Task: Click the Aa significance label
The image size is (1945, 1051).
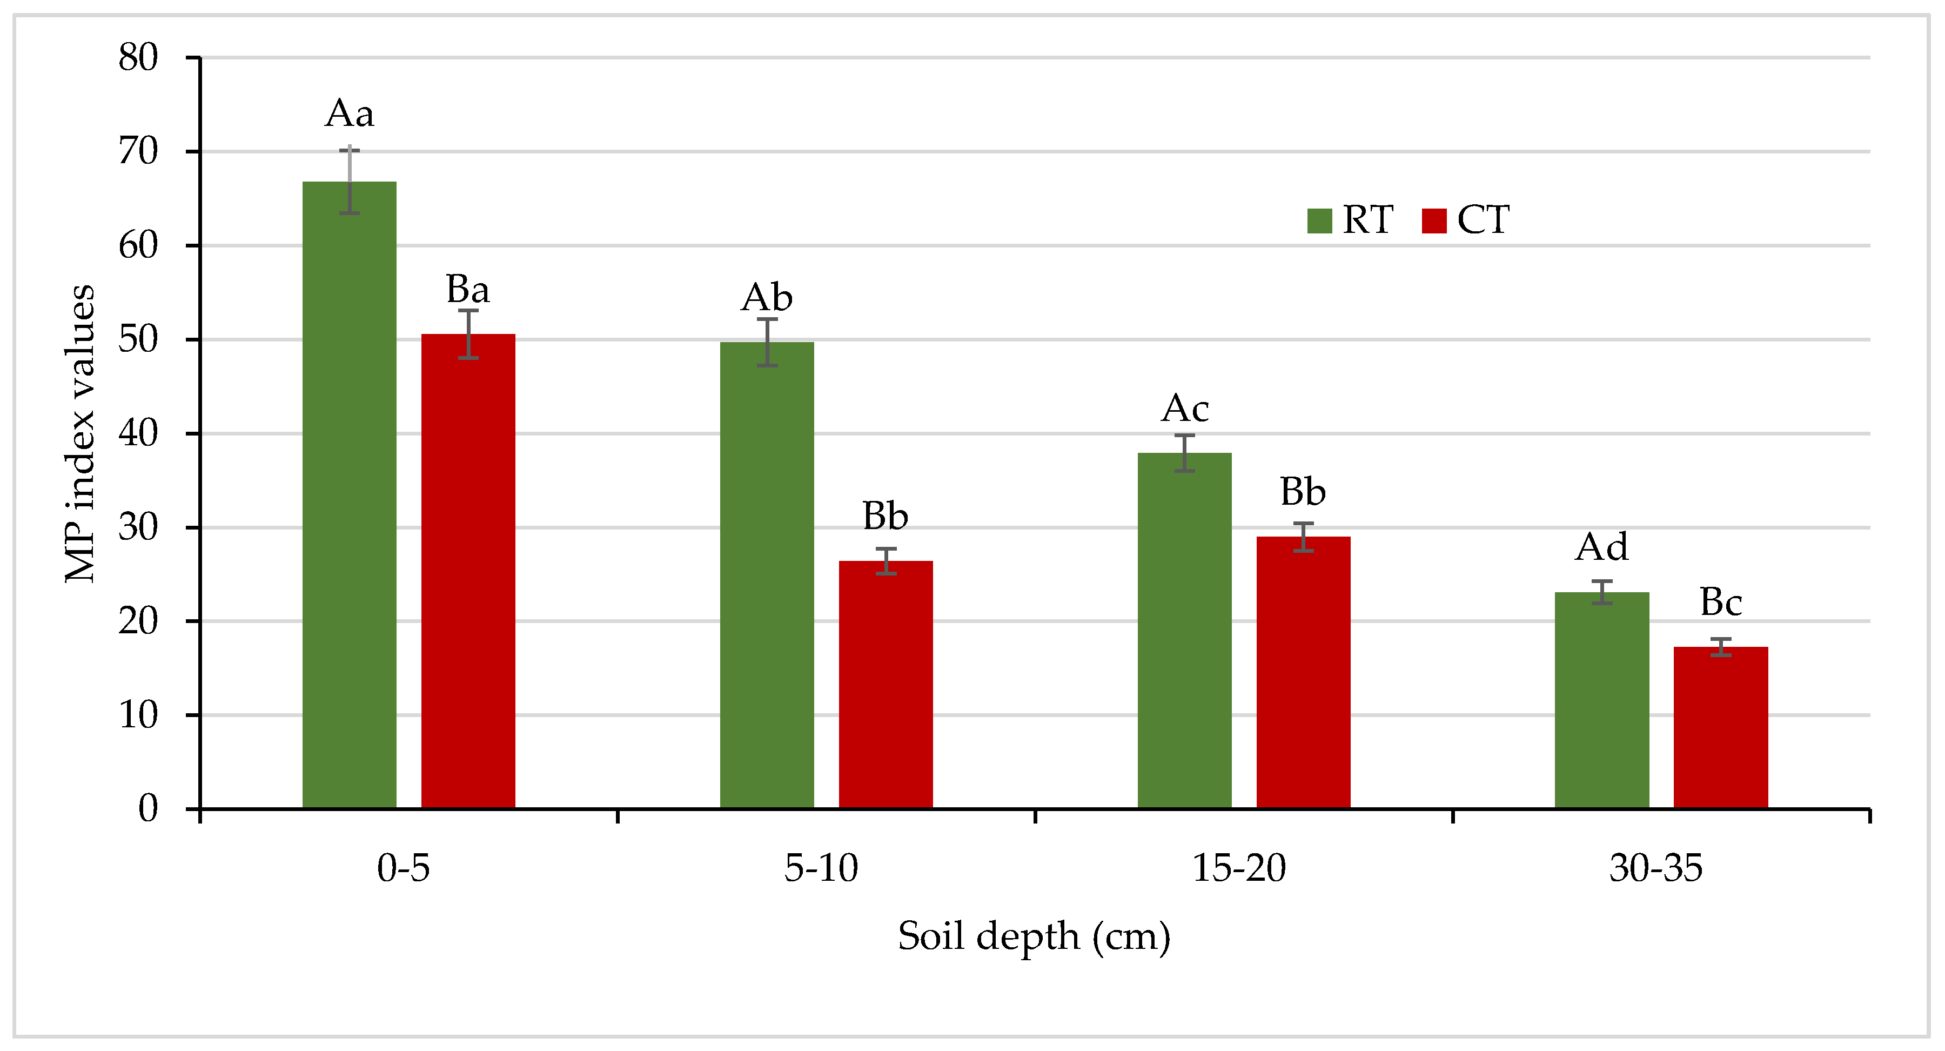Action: (x=349, y=114)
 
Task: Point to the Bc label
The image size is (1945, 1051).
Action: (x=1721, y=602)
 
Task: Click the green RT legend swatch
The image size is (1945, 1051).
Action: (x=1319, y=220)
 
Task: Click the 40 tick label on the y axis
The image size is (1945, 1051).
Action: (x=138, y=433)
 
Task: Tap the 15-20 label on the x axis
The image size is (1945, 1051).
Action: (x=1239, y=868)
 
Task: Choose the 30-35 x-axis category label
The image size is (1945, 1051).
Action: (x=1656, y=868)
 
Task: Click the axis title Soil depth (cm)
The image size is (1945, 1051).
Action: (x=1034, y=937)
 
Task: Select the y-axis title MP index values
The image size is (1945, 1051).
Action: (x=80, y=433)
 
